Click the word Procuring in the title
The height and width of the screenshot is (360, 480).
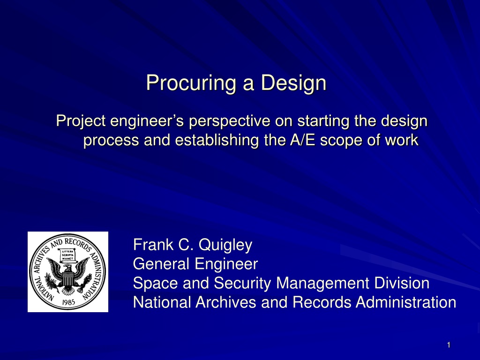pyautogui.click(x=191, y=83)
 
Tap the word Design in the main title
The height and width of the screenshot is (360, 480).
pyautogui.click(x=293, y=83)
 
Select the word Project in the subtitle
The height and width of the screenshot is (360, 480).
pyautogui.click(x=81, y=121)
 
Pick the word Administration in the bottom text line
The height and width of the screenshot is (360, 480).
pyautogui.click(x=406, y=302)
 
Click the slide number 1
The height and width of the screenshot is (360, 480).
pyautogui.click(x=449, y=345)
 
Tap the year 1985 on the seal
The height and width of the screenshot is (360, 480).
pyautogui.click(x=68, y=302)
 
